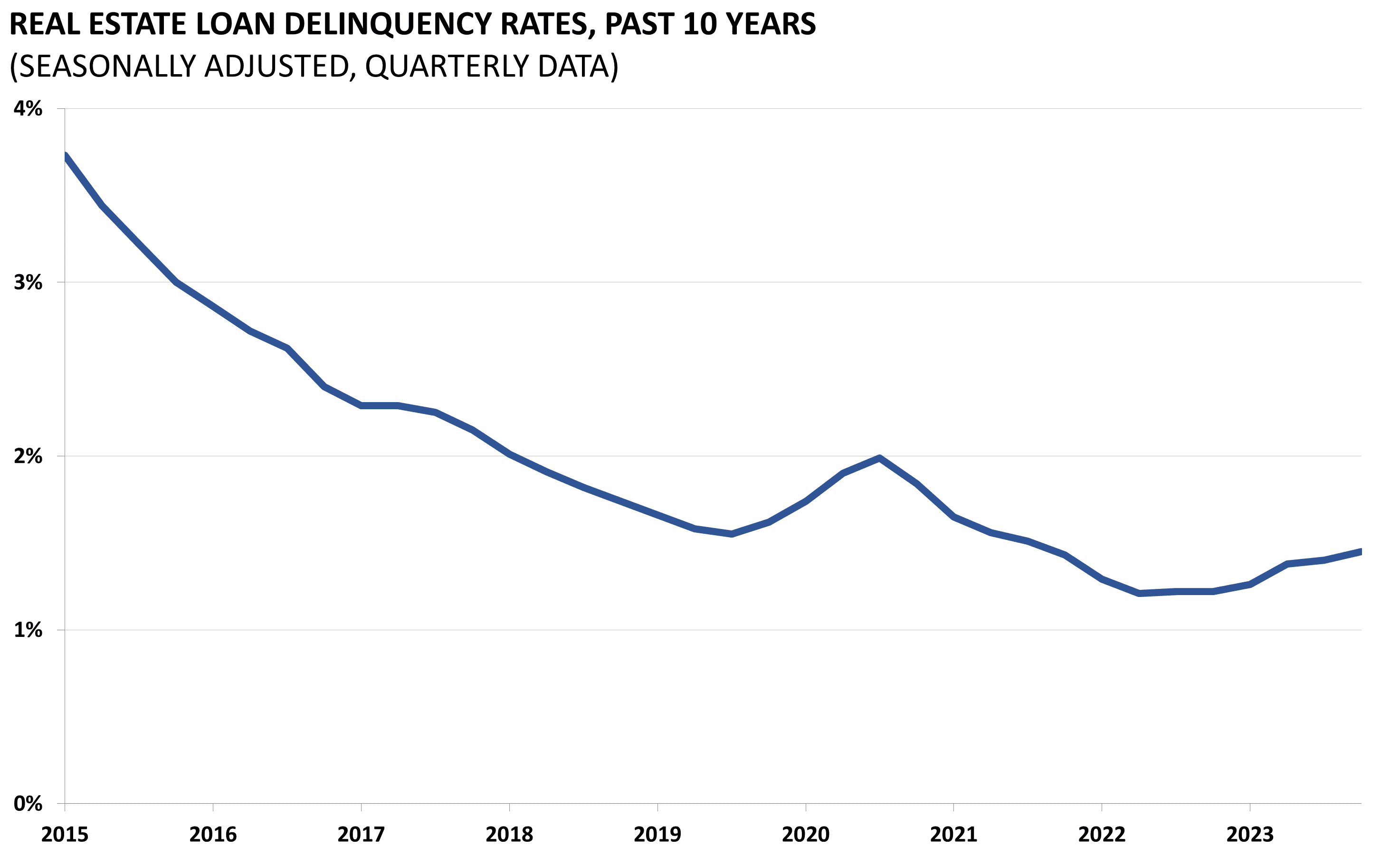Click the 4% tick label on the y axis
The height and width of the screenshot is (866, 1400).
28,108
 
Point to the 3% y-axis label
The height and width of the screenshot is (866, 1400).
28,282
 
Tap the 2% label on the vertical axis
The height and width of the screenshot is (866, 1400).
28,456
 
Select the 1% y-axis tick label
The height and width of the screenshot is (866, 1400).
28,630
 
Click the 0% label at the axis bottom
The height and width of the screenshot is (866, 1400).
28,804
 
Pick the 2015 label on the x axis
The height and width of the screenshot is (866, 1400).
65,835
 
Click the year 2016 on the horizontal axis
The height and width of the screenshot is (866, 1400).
213,835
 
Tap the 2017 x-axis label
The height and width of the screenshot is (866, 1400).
361,835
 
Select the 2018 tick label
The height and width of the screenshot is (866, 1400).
509,835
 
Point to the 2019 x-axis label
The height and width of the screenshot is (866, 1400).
657,835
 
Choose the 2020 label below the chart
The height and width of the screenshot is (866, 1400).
805,835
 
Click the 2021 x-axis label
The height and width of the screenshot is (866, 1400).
953,835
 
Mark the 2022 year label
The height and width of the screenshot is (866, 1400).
1102,835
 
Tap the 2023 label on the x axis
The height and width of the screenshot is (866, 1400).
1249,835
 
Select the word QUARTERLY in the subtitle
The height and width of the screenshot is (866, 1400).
447,67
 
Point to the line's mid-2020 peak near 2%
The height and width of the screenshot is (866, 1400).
879,458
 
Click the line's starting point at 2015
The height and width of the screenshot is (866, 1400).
66,156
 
